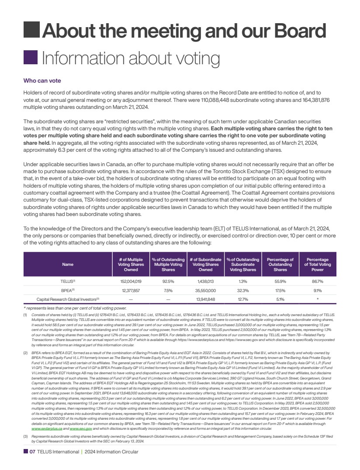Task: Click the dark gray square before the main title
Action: pos(31,31)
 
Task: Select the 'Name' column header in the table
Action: pos(68,265)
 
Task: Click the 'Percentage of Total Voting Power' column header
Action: pos(317,265)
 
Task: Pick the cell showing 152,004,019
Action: pos(131,282)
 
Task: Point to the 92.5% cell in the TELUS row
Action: pos(168,282)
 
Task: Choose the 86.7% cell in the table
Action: pos(318,282)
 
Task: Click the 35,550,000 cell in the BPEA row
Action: pos(205,290)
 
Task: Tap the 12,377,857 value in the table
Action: pos(131,290)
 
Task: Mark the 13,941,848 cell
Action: pos(205,299)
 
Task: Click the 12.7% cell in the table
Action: pos(243,299)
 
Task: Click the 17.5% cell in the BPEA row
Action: pos(280,290)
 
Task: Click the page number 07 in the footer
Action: pos(32,452)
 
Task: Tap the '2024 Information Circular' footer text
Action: pos(111,452)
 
